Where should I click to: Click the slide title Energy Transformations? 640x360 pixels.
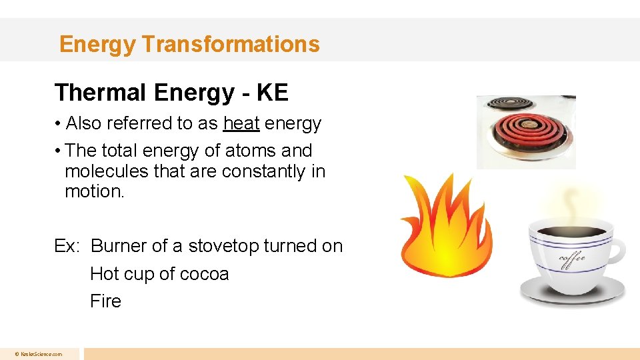point(189,44)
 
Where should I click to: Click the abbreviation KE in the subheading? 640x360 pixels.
point(271,93)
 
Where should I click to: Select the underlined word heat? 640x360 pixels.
point(241,123)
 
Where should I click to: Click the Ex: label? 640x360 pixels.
point(67,246)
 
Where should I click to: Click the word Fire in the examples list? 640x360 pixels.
point(105,301)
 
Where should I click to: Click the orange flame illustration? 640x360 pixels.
point(445,227)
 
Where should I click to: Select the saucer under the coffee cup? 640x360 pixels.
point(573,291)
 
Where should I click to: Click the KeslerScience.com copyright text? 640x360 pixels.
point(41,354)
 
